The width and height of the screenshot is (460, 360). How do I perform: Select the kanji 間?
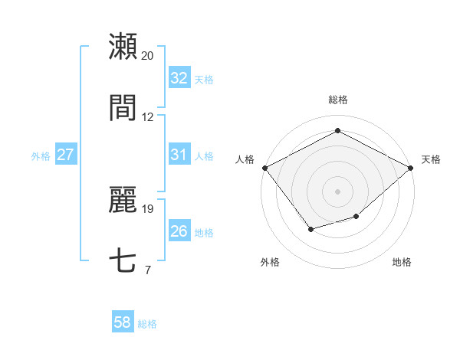(123, 108)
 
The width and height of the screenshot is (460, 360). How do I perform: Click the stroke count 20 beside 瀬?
(148, 56)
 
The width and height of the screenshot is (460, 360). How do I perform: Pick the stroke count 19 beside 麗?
(148, 208)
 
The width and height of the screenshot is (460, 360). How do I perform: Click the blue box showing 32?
(179, 77)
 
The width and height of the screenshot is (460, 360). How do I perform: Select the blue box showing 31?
(179, 155)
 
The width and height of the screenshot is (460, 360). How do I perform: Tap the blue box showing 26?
(179, 231)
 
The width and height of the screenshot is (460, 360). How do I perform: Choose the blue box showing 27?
(65, 155)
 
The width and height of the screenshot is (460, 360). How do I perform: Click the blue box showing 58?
(122, 323)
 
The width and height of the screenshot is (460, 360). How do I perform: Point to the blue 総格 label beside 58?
(147, 324)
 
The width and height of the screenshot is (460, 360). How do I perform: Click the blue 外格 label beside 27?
(41, 155)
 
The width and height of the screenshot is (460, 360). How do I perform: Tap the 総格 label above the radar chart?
(337, 100)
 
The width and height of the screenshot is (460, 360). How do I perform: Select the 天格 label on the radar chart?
(431, 159)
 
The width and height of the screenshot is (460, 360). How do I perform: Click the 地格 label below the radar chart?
(402, 262)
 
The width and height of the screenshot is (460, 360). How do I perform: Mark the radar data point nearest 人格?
(264, 167)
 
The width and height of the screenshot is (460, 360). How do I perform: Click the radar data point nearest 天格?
(411, 167)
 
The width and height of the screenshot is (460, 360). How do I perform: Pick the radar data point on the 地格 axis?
(356, 218)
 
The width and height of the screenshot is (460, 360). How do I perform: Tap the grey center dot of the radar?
(337, 191)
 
